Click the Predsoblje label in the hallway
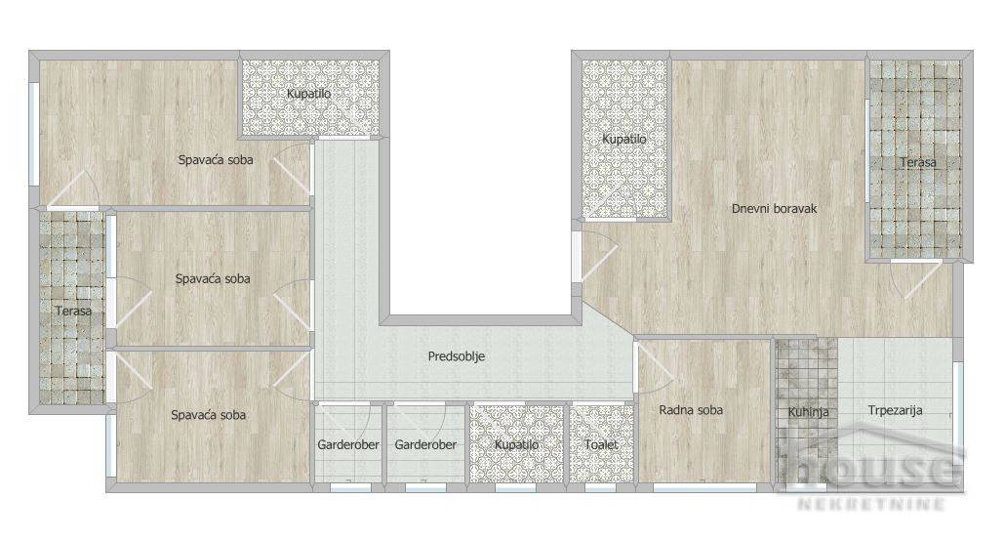[456, 356]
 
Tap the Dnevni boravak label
[774, 208]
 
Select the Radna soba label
[691, 409]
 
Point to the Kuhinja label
[808, 412]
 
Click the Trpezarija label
[895, 410]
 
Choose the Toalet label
[601, 444]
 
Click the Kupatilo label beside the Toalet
[517, 444]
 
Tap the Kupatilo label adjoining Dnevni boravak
[624, 139]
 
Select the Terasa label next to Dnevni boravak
[917, 162]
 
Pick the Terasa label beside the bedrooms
[73, 311]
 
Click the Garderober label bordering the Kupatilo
[425, 444]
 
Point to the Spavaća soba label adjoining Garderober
[208, 415]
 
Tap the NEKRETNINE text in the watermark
[871, 504]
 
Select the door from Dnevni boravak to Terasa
[917, 279]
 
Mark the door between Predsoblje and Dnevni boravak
[599, 256]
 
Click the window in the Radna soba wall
[705, 488]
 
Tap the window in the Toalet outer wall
[601, 488]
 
